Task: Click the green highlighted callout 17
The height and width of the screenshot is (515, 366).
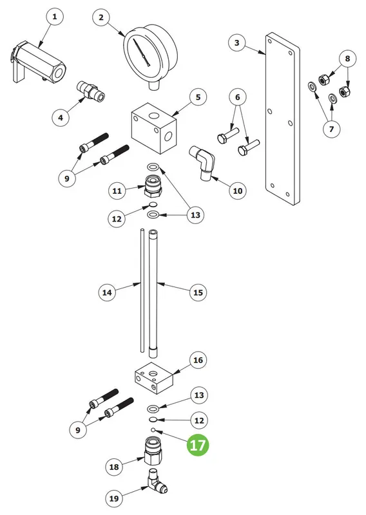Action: pyautogui.click(x=198, y=445)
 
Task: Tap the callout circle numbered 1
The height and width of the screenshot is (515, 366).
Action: pyautogui.click(x=55, y=17)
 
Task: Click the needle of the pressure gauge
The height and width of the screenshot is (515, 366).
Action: pyautogui.click(x=140, y=52)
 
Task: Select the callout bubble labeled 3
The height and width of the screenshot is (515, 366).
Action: pyautogui.click(x=236, y=42)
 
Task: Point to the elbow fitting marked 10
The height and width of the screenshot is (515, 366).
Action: pyautogui.click(x=202, y=163)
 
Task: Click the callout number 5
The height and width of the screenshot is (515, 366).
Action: pyautogui.click(x=198, y=97)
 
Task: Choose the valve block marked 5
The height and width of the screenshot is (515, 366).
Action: pyautogui.click(x=154, y=127)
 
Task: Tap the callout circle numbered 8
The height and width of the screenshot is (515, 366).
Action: pyautogui.click(x=347, y=59)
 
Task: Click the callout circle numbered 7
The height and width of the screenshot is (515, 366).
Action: pyautogui.click(x=331, y=129)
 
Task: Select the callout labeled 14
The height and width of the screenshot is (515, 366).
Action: pyautogui.click(x=107, y=292)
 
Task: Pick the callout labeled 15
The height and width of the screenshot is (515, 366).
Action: pyautogui.click(x=198, y=292)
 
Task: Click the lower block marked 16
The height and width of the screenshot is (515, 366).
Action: pyautogui.click(x=154, y=378)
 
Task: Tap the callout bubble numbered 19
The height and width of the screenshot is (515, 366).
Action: pyautogui.click(x=114, y=498)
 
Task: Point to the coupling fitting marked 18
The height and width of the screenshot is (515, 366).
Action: pyautogui.click(x=153, y=451)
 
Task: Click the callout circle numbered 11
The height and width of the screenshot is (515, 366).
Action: pyautogui.click(x=117, y=191)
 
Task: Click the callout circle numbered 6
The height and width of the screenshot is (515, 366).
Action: pyautogui.click(x=237, y=97)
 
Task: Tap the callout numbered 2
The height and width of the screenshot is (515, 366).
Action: pyautogui.click(x=101, y=17)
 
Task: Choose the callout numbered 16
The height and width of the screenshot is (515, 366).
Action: pyautogui.click(x=198, y=360)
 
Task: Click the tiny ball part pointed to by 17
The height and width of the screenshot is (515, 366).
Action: pyautogui.click(x=153, y=429)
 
